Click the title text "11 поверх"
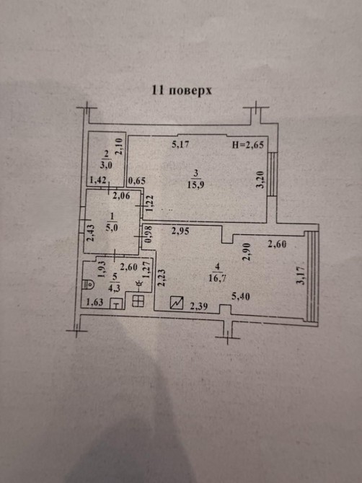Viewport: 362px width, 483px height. pyautogui.click(x=182, y=91)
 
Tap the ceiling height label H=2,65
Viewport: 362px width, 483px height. pyautogui.click(x=247, y=144)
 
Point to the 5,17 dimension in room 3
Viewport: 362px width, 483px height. pyautogui.click(x=180, y=144)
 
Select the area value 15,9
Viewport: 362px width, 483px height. pyautogui.click(x=195, y=185)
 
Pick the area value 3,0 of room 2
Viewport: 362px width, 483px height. pyautogui.click(x=106, y=165)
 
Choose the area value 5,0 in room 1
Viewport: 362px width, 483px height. pyautogui.click(x=111, y=228)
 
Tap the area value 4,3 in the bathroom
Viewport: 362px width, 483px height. pyautogui.click(x=115, y=288)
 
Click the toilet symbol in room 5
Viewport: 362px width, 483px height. pyautogui.click(x=88, y=284)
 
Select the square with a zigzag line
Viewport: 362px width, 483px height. pyautogui.click(x=177, y=303)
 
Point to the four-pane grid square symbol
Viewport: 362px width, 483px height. pyautogui.click(x=138, y=301)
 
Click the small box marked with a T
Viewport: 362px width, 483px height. pyautogui.click(x=116, y=304)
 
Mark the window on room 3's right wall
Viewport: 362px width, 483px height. pyautogui.click(x=273, y=174)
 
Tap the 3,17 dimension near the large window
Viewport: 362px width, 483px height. pyautogui.click(x=301, y=275)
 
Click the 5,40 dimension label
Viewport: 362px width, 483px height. pyautogui.click(x=241, y=297)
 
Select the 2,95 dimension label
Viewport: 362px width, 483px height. pyautogui.click(x=180, y=231)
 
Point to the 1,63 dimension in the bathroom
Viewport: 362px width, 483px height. pyautogui.click(x=94, y=302)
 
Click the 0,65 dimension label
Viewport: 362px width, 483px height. pyautogui.click(x=137, y=180)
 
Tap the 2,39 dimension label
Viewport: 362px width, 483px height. pyautogui.click(x=199, y=306)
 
